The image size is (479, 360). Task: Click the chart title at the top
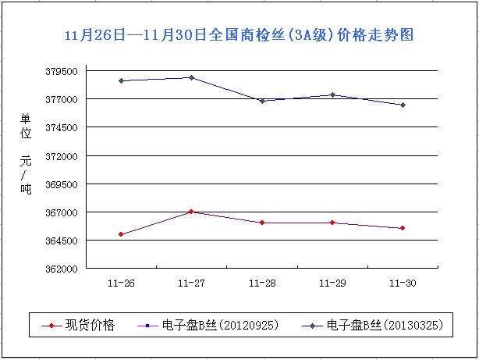[239, 35]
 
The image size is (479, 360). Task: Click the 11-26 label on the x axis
[122, 282]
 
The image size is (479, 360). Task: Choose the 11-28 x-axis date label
[262, 282]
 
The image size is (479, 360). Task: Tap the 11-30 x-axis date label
[403, 282]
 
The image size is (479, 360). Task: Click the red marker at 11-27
[191, 212]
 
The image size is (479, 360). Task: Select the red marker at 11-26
[121, 234]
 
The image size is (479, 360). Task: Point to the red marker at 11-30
[403, 228]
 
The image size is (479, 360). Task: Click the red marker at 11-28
[262, 223]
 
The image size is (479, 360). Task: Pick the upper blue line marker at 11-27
[191, 77]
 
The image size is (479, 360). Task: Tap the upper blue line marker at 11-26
[121, 80]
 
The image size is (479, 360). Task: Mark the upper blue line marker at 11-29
[332, 94]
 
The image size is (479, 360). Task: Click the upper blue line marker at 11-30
[403, 105]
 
